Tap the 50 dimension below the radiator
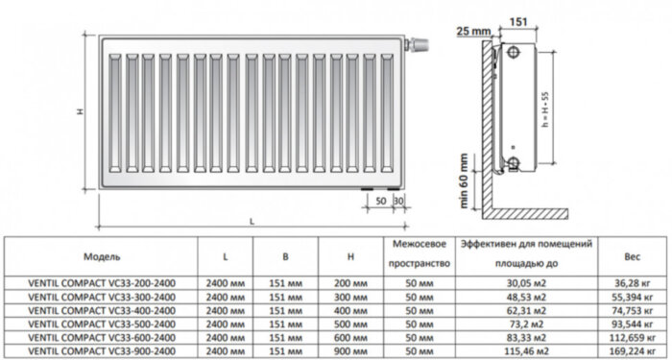[380, 200]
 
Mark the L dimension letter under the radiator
[251, 222]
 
